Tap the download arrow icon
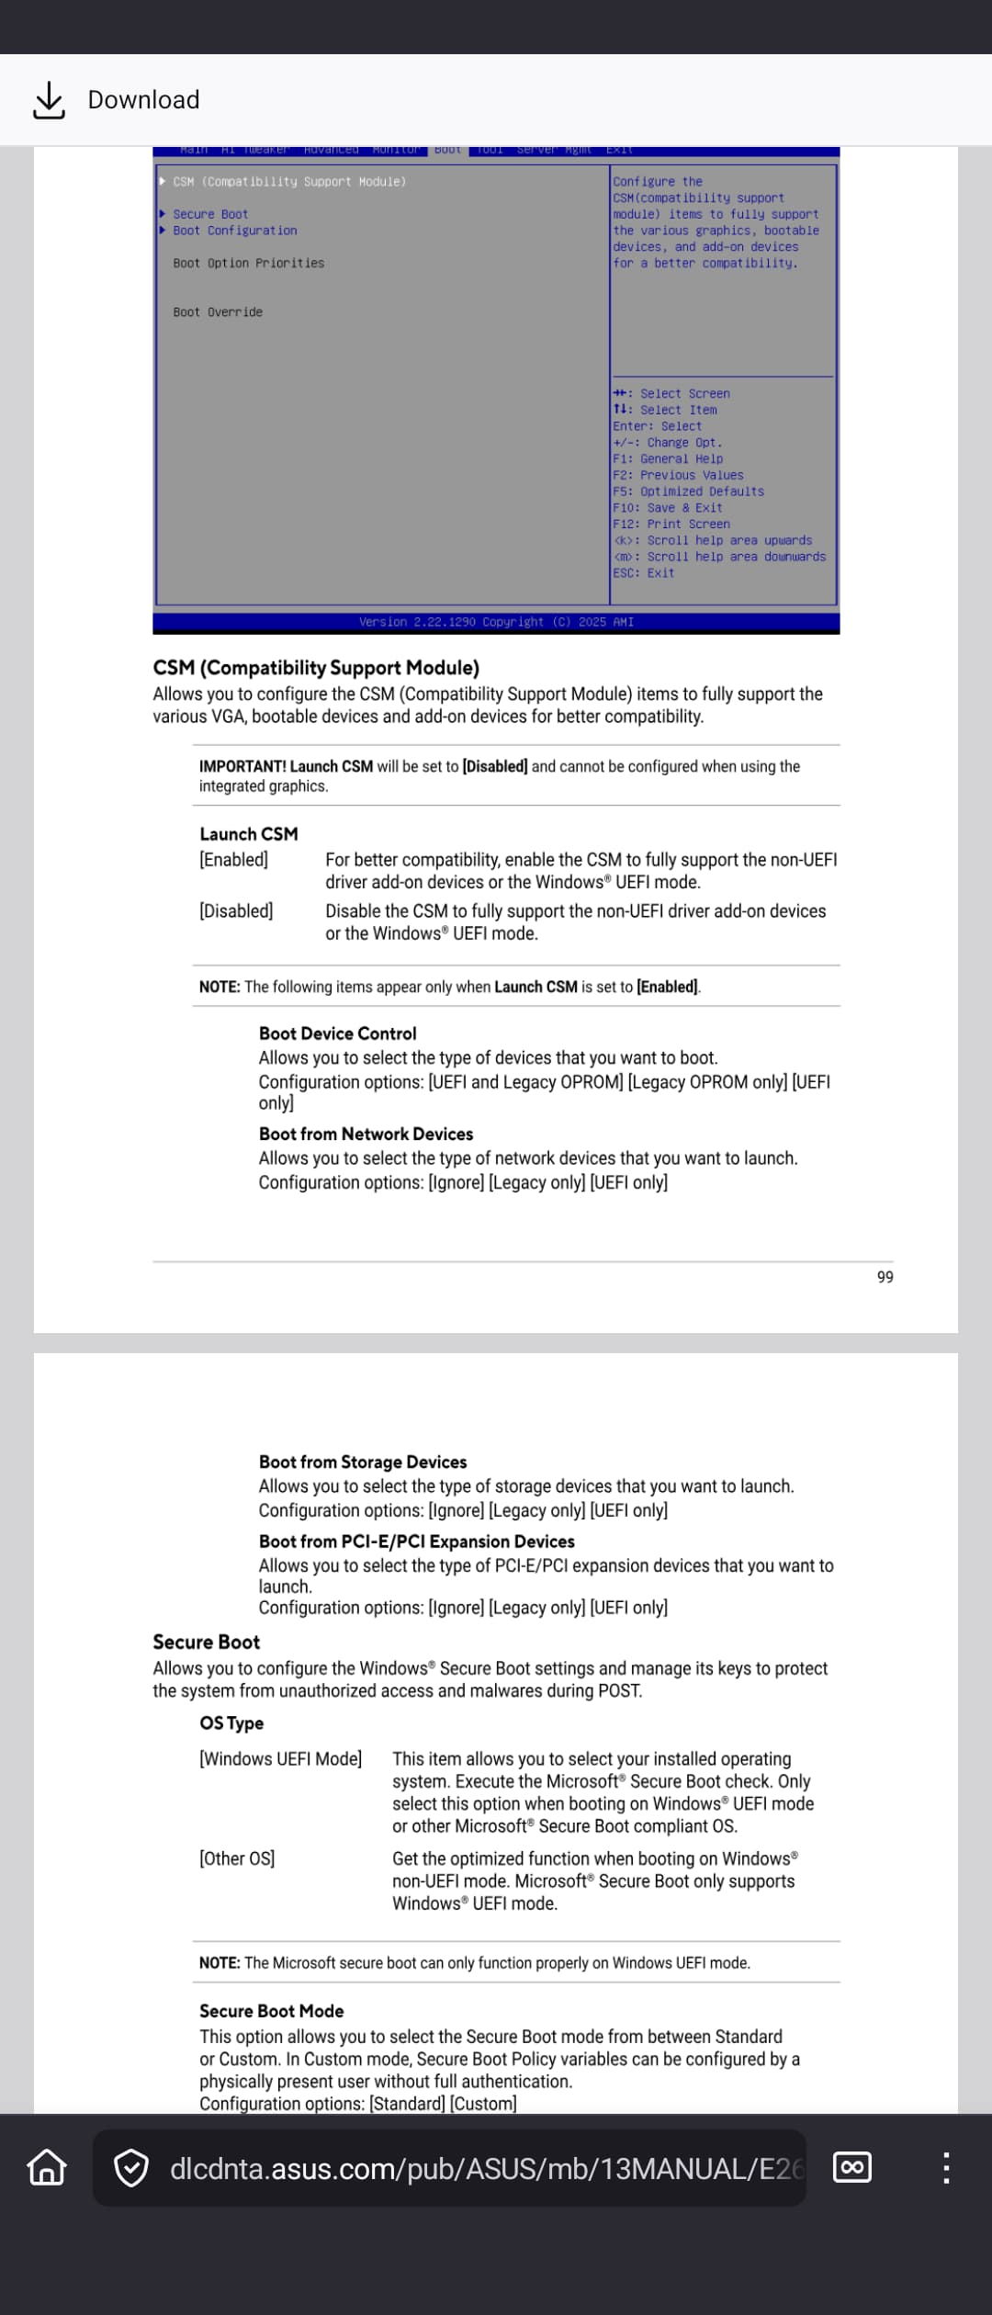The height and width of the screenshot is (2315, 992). [x=49, y=100]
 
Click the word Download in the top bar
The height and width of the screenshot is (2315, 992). [x=143, y=100]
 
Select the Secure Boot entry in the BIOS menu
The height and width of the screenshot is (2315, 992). [x=210, y=214]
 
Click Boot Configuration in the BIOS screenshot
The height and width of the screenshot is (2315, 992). [x=234, y=231]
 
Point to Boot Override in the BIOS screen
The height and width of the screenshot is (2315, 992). [x=218, y=312]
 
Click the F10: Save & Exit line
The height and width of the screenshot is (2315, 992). [x=668, y=508]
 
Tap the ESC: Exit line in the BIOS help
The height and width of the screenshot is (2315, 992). [x=644, y=573]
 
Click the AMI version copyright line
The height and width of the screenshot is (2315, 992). [x=496, y=622]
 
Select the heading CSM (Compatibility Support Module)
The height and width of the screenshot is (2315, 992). [x=316, y=668]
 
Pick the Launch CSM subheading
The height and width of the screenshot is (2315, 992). [x=249, y=834]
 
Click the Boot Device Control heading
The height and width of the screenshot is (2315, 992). [x=337, y=1033]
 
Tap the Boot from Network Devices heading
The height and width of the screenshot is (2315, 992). [x=366, y=1134]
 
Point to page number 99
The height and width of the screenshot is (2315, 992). [x=885, y=1277]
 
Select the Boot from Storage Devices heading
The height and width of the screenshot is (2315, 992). [x=362, y=1462]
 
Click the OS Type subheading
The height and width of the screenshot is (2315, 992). [x=231, y=1723]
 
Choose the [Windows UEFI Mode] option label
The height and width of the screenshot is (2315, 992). [x=280, y=1759]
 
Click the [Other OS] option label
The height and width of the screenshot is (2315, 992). [x=237, y=1858]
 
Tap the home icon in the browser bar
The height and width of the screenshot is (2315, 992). [x=47, y=2168]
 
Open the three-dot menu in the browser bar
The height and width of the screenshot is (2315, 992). [x=946, y=2168]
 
